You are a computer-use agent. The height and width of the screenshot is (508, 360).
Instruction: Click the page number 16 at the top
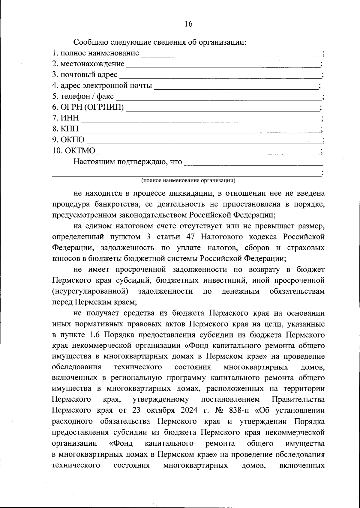point(188,24)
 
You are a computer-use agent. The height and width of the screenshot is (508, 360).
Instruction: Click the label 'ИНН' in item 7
point(70,118)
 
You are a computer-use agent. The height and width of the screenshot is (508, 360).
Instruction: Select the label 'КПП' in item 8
point(70,129)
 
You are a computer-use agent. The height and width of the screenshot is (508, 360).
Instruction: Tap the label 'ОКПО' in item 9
point(73,140)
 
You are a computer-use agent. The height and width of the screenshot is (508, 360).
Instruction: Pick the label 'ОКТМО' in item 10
point(80,150)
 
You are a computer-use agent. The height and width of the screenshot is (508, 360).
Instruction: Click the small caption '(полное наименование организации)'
point(188,180)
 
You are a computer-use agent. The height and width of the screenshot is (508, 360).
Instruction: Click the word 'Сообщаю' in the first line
point(91,42)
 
